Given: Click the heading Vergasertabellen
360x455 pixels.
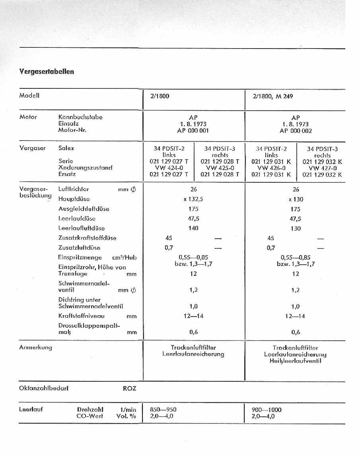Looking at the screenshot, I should [x=47, y=72].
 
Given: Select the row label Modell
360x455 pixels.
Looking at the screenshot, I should [x=29, y=96].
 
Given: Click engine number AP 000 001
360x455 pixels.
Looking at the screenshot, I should [x=193, y=131].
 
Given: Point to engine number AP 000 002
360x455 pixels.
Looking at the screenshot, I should [x=295, y=131].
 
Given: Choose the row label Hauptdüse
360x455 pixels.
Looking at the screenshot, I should [x=74, y=199].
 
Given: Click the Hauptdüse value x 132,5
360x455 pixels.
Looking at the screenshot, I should [x=193, y=199].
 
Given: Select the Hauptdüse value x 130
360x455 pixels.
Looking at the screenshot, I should [x=296, y=199].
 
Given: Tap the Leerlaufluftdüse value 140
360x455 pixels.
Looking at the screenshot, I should [x=193, y=228].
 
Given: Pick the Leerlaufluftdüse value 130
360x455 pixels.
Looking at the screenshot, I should [x=296, y=228].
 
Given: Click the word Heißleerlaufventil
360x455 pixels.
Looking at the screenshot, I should [x=295, y=361].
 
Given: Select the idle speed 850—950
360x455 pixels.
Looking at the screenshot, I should [x=163, y=410].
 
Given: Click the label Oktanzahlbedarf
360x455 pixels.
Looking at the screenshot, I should [x=44, y=388].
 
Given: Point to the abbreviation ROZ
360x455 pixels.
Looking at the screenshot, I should [x=130, y=389].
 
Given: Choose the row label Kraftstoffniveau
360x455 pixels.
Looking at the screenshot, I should [x=82, y=316].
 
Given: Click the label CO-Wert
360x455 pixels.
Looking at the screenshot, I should [x=90, y=416].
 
